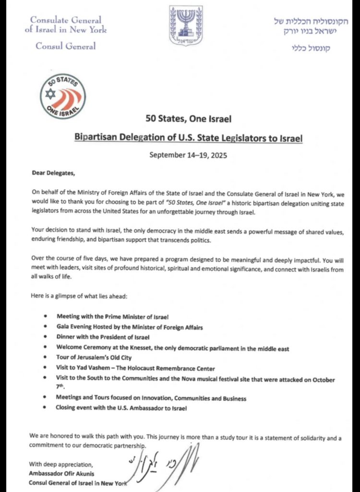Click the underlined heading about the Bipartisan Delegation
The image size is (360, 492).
pos(189,138)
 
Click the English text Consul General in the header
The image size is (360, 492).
pos(66,46)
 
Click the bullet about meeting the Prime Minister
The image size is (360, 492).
pos(113,317)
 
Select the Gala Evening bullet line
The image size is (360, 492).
pos(130,327)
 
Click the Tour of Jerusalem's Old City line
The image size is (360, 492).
pos(94,357)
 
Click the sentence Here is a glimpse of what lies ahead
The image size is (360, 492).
pos(78,296)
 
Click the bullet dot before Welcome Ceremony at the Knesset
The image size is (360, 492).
pos(45,348)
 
